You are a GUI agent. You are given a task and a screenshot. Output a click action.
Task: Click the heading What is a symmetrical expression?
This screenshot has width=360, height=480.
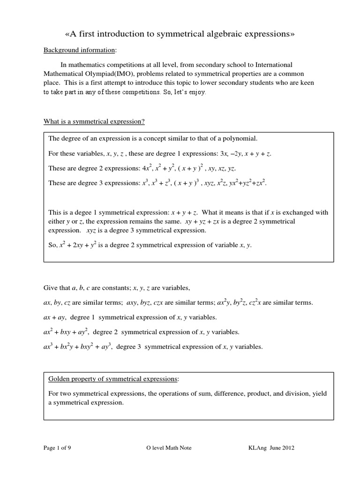click(94, 122)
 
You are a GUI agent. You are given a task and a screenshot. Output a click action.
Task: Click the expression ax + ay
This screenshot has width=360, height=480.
click(54, 317)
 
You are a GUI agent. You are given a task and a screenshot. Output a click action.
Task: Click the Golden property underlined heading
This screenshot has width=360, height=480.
click(112, 378)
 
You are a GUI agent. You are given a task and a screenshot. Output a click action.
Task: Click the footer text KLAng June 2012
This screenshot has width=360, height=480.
click(271, 448)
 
